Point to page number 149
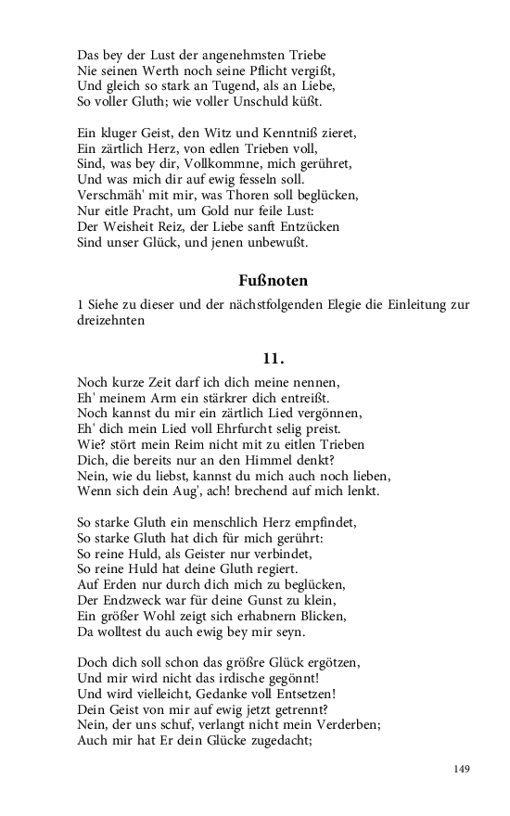pos(463,769)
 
